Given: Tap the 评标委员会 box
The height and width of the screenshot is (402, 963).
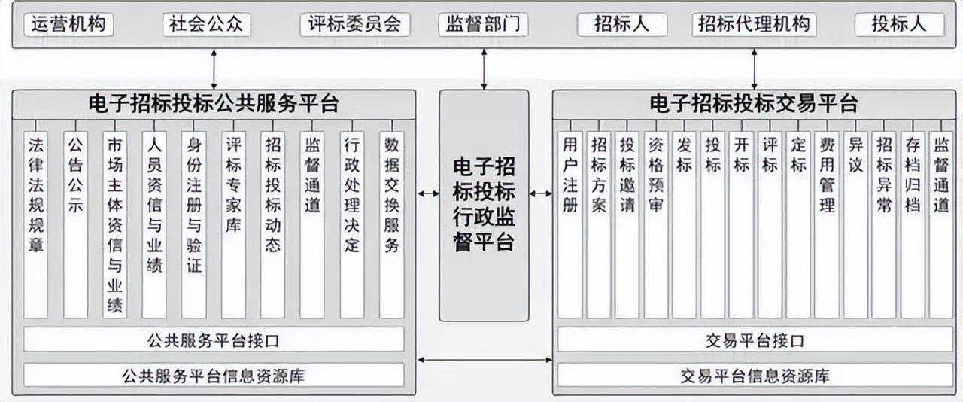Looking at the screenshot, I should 354,24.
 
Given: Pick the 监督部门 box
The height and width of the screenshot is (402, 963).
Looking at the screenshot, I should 483,24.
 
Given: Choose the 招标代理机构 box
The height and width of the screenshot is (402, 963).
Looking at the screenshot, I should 754,24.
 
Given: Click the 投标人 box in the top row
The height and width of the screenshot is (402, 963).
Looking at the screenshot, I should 898,24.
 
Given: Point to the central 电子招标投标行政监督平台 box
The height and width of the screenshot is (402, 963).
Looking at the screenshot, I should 484,203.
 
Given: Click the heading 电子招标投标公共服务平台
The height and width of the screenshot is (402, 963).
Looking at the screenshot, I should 214,103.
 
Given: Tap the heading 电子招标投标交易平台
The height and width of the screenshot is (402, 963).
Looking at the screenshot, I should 754,103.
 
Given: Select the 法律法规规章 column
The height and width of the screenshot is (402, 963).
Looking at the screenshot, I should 35,218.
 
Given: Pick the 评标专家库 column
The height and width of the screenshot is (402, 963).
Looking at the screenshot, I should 233,218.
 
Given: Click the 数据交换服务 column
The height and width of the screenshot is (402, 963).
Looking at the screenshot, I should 391,218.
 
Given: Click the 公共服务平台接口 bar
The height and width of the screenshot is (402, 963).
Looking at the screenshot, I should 214,340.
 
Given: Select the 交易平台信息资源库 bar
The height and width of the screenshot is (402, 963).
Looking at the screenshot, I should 754,375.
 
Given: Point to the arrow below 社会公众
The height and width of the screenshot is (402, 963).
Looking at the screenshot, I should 214,69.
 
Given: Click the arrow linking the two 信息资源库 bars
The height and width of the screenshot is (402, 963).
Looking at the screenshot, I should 484,361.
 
